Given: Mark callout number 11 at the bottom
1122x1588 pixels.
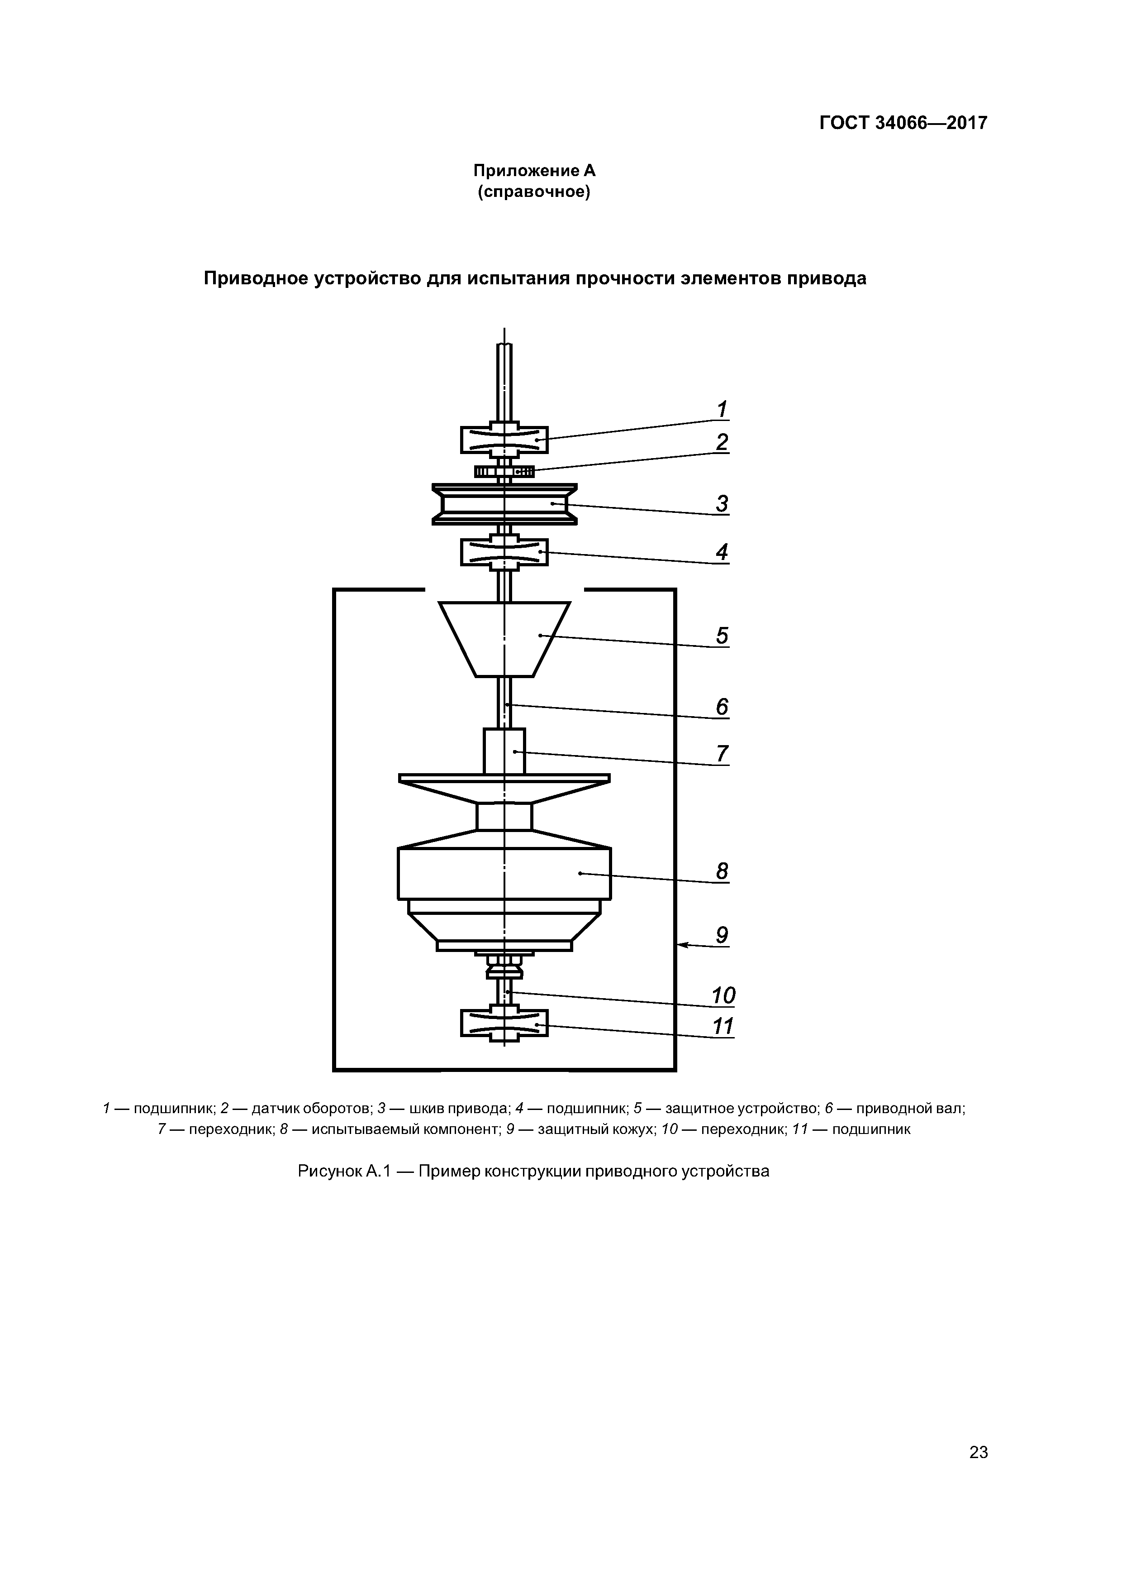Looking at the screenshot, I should pyautogui.click(x=723, y=1027).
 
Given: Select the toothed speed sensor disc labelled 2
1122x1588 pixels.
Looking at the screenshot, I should pyautogui.click(x=504, y=472).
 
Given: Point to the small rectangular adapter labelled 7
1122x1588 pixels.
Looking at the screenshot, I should pyautogui.click(x=504, y=751).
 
